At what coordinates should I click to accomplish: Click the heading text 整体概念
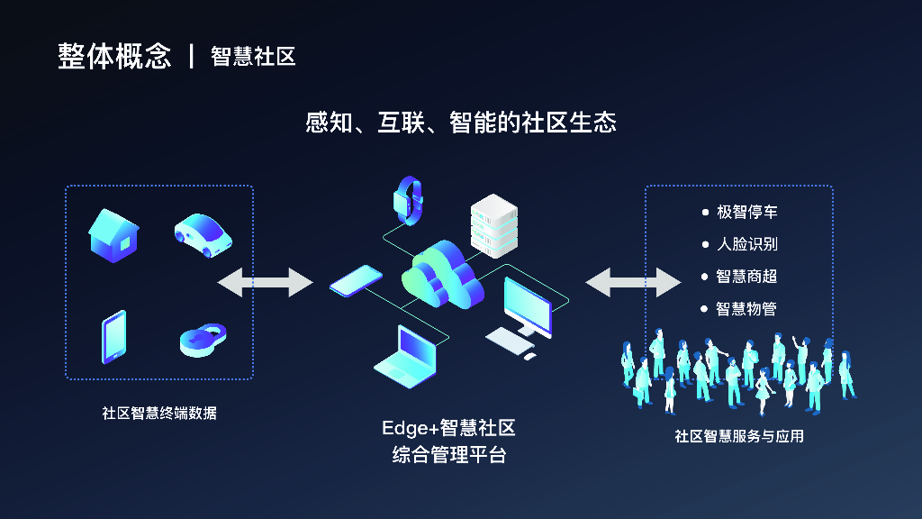114,56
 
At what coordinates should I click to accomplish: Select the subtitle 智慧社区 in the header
253,56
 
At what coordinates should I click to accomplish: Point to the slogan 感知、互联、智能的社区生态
461,122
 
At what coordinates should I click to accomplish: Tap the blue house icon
113,235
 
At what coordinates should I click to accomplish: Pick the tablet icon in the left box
113,337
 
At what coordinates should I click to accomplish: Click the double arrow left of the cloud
265,282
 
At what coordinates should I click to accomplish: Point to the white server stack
494,225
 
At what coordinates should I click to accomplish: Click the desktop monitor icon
526,311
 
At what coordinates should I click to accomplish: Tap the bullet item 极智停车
746,213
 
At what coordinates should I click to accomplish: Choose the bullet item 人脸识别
746,244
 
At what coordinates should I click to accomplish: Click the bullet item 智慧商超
746,277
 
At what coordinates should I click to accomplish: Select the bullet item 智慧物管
746,309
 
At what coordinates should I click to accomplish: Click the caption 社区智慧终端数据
159,414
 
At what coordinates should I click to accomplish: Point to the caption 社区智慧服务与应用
739,436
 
